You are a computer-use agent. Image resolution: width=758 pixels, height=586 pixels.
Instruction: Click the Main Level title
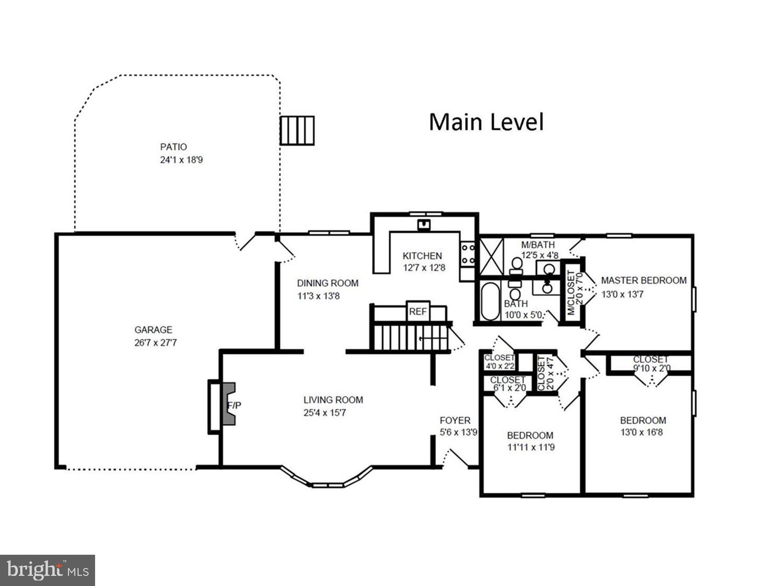point(486,122)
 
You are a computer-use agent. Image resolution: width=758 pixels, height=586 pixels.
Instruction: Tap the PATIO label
point(173,147)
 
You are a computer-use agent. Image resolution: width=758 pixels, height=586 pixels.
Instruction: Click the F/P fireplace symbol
point(229,404)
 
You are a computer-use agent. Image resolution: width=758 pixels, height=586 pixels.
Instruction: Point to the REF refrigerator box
point(418,312)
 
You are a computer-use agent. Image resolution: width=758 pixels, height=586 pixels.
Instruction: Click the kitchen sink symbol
point(423,225)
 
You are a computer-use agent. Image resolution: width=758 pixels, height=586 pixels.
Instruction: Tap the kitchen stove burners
point(468,254)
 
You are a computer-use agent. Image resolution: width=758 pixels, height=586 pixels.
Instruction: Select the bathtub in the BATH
point(490,301)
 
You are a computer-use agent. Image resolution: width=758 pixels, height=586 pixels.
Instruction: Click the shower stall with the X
point(491,256)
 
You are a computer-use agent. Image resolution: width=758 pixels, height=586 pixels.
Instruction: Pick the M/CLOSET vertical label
point(571,292)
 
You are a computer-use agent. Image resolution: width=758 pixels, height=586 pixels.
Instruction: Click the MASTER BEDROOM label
point(644,280)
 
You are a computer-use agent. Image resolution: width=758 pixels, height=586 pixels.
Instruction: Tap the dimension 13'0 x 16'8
point(641,432)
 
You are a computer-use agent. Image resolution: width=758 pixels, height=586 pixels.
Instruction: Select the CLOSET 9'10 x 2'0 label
point(651,364)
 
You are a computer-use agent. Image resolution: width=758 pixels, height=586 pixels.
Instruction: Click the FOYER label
point(455,421)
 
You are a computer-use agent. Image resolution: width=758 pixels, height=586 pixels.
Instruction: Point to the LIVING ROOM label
point(333,400)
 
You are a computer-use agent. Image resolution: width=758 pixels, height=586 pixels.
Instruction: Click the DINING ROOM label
point(327,283)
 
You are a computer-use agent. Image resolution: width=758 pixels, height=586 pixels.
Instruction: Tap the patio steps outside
point(297,131)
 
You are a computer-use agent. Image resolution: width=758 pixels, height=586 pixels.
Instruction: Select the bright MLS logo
point(47,570)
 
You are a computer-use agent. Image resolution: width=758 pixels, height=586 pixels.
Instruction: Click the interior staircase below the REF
point(409,338)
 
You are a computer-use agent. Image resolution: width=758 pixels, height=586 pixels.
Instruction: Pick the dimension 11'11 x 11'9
point(531,447)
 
